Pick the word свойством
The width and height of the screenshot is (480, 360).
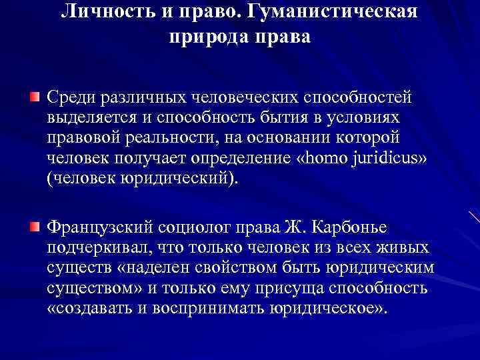coord(244,268)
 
